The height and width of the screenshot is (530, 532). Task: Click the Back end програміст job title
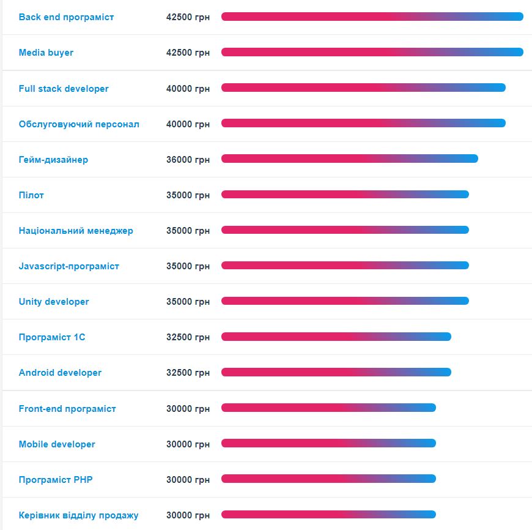[x=66, y=17]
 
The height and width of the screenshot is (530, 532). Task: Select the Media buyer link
[x=46, y=53]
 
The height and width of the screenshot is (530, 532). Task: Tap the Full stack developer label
[x=64, y=89]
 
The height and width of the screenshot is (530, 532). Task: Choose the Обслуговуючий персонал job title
[x=79, y=124]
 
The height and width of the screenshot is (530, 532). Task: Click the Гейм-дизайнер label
[x=53, y=160]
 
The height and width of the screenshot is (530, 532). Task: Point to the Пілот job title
[x=31, y=195]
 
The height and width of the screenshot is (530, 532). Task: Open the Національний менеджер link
[x=76, y=231]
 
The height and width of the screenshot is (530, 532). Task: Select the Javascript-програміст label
[x=69, y=266]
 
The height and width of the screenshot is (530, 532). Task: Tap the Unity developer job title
[x=54, y=302]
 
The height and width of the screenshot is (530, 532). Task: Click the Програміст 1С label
[x=52, y=337]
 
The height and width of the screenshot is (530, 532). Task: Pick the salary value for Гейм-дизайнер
[x=188, y=160]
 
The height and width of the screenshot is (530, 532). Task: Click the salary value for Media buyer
[x=188, y=53]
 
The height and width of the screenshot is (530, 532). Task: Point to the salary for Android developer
[x=188, y=373]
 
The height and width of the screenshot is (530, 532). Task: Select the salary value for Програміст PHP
[x=188, y=480]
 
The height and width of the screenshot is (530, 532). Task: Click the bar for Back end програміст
[x=372, y=17]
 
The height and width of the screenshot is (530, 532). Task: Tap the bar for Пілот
[x=345, y=195]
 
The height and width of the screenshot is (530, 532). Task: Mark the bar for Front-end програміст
[x=328, y=408]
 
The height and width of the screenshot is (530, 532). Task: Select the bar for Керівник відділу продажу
[x=328, y=515]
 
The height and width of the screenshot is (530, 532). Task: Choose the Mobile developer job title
[x=57, y=444]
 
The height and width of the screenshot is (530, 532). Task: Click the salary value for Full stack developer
[x=188, y=89]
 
